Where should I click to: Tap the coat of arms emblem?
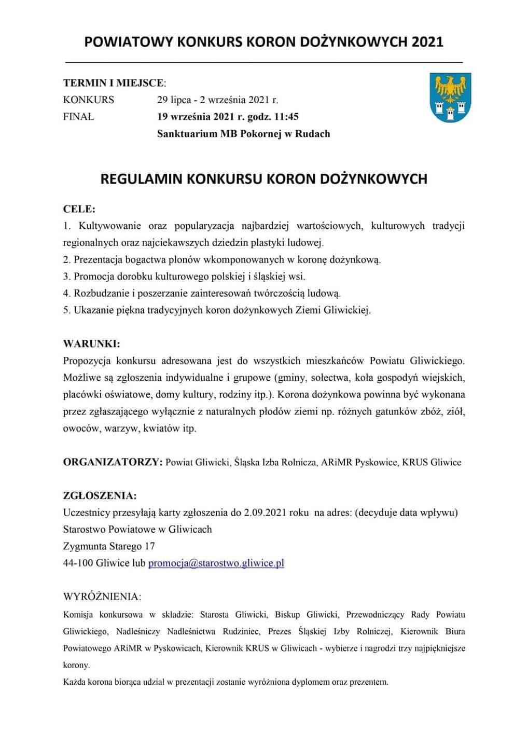pos(450,98)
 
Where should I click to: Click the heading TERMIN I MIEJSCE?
pos(114,83)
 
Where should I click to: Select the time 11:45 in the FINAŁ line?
pos(285,117)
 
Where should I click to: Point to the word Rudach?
pos(313,134)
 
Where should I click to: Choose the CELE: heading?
pos(79,209)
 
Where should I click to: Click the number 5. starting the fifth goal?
pos(67,310)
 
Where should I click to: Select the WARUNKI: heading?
pos(91,343)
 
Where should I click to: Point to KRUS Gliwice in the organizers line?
pos(432,462)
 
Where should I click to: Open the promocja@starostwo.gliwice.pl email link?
pos(216,563)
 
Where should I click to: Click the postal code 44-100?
pos(78,563)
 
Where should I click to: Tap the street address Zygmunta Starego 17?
pos(109,546)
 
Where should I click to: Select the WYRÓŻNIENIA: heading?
pos(102,596)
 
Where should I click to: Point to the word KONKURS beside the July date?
pos(89,100)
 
